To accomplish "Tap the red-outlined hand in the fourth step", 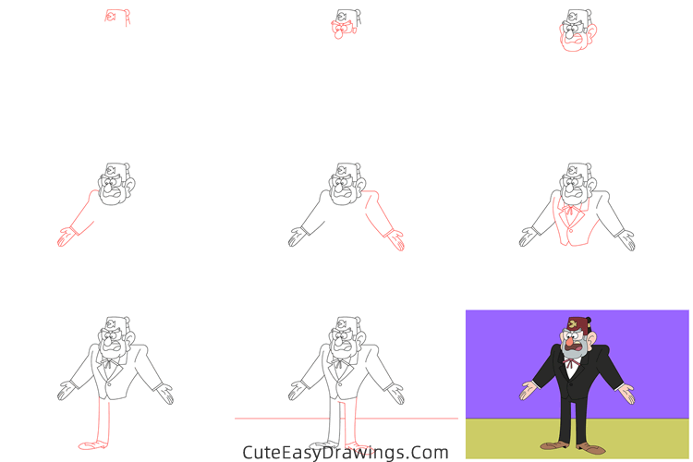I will pos(64,238).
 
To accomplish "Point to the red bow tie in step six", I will pos(574,209).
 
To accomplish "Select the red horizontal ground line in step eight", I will pos(277,419).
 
